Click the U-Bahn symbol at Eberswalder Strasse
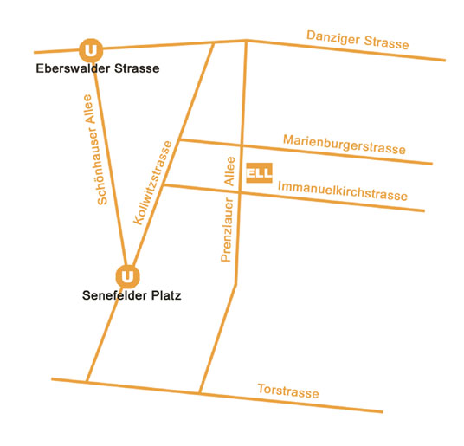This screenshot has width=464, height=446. [91, 50]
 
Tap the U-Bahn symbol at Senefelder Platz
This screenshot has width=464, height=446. [127, 276]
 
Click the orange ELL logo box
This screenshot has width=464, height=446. [259, 172]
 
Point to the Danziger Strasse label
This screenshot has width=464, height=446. [358, 40]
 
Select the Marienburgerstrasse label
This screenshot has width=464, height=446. [345, 145]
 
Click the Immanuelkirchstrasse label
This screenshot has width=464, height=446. [343, 191]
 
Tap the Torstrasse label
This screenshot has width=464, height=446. [288, 391]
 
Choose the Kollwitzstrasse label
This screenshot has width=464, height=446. [152, 183]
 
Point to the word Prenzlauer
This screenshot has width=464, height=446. [228, 229]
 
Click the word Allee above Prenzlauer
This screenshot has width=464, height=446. [229, 171]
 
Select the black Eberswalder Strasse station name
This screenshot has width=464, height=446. [98, 68]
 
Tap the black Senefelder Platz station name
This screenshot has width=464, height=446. [132, 295]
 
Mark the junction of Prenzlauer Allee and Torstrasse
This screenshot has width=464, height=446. [200, 393]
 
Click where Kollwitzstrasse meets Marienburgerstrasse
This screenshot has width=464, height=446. [179, 139]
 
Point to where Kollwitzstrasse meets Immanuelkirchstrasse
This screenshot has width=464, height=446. [164, 185]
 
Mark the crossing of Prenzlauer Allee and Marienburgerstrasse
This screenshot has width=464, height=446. [242, 145]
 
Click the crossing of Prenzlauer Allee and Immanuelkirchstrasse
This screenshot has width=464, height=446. [240, 192]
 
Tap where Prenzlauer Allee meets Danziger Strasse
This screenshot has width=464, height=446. [246, 40]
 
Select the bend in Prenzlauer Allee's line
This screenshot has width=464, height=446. [235, 285]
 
